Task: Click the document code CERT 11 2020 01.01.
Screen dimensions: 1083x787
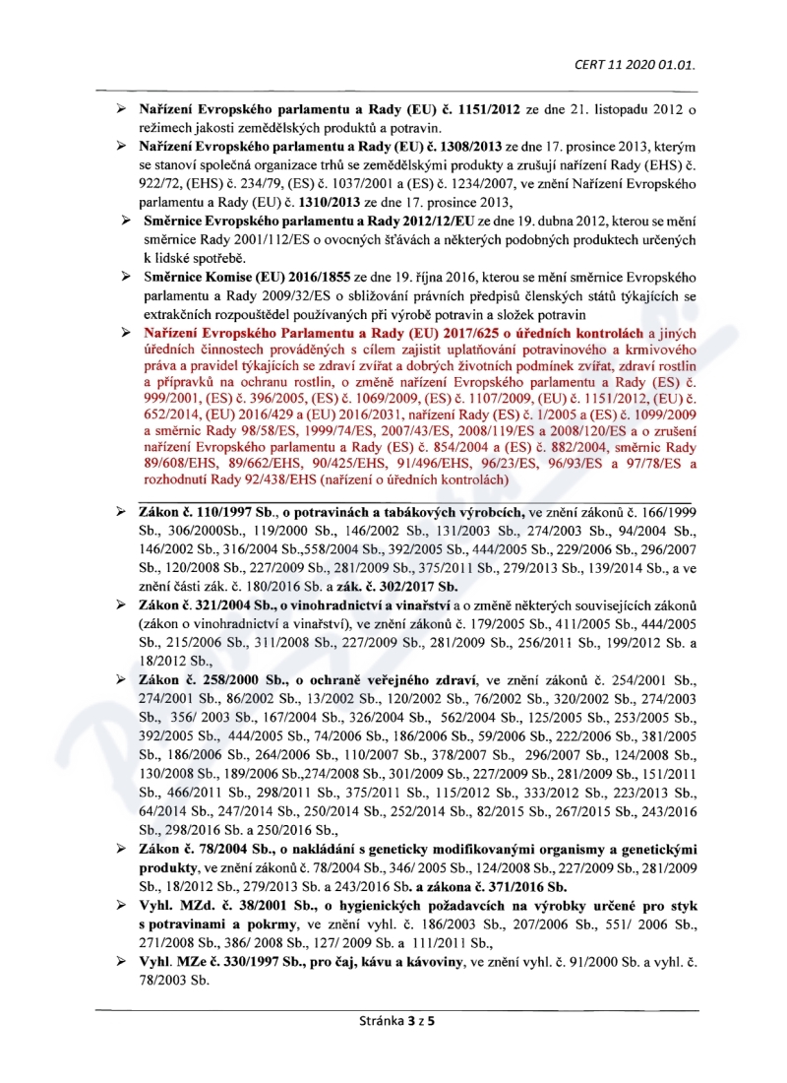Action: click(x=636, y=66)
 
